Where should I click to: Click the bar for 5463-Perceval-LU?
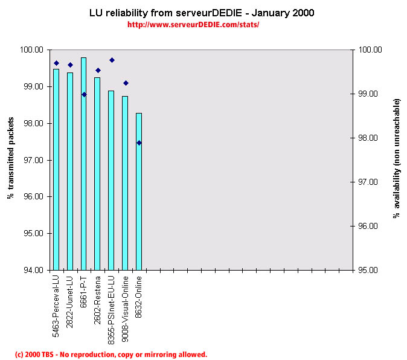56,169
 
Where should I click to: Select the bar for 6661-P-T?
83,163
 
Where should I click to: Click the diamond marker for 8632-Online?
139,143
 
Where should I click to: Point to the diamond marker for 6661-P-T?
84,94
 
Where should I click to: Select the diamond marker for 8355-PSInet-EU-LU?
112,60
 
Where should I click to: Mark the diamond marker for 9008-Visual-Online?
126,83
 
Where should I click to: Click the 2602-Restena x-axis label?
98,292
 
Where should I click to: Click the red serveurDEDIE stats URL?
193,25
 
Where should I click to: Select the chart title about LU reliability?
202,12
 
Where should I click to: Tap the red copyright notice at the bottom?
111,355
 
